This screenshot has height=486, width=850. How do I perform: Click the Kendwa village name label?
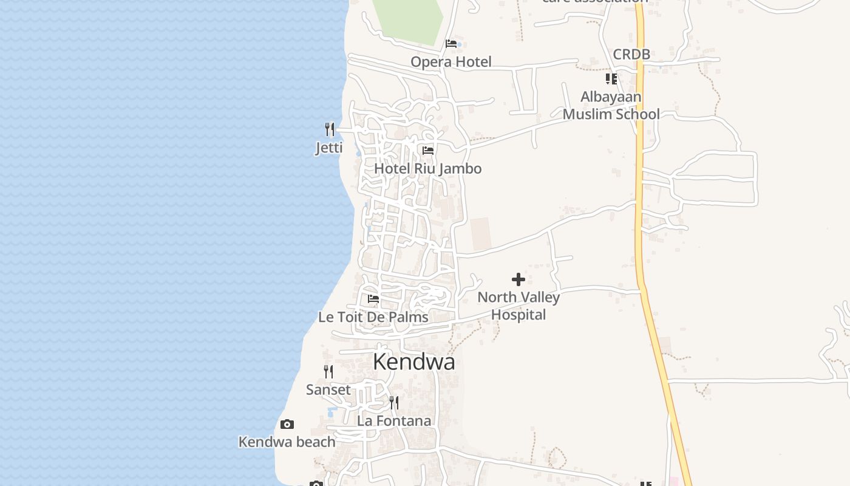[413, 361]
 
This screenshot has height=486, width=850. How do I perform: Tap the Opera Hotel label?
[450, 61]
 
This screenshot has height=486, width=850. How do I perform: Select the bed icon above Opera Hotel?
[451, 43]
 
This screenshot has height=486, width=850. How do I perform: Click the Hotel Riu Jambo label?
[427, 168]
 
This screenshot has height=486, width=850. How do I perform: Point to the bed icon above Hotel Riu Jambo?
[428, 150]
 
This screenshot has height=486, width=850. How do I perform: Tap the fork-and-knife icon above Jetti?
[329, 129]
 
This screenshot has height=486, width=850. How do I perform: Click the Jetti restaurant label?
[329, 148]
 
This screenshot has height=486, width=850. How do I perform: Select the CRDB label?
[631, 54]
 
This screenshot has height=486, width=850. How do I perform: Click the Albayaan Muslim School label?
[611, 105]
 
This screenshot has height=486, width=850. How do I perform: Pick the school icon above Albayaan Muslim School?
[611, 79]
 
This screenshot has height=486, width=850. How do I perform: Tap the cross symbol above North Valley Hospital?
[518, 279]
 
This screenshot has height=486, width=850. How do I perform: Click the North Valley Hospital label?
[518, 306]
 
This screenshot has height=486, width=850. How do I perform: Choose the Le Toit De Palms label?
[373, 317]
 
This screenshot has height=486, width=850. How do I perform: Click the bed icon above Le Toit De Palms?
[373, 299]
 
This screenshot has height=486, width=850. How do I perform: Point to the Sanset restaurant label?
[328, 389]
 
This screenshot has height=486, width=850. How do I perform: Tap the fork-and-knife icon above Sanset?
[328, 371]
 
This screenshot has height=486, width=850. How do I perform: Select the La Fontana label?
[393, 420]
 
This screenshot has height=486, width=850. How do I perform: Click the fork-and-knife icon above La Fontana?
[394, 402]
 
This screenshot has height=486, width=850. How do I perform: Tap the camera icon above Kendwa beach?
[287, 424]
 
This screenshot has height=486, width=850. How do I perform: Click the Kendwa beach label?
[287, 442]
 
